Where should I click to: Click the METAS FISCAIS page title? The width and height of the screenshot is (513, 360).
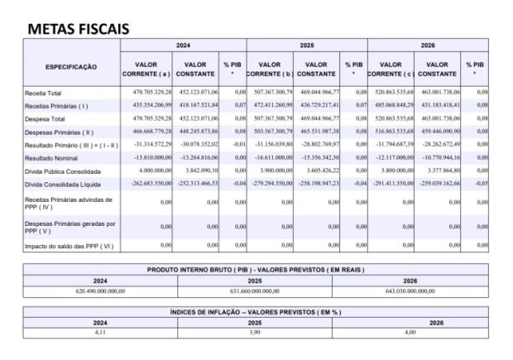click(79, 27)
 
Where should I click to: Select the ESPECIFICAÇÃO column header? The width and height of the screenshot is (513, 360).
click(71, 66)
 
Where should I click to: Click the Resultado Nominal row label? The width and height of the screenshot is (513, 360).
click(51, 156)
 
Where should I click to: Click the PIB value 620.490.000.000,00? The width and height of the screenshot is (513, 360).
click(100, 291)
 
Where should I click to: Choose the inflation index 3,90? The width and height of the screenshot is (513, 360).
click(255, 331)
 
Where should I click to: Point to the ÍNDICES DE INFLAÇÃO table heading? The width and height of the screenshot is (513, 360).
click(256, 311)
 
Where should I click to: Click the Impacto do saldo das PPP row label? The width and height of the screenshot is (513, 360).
click(70, 246)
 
